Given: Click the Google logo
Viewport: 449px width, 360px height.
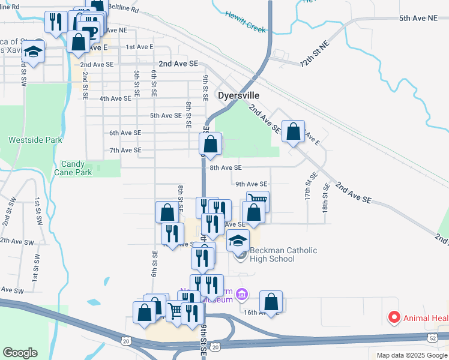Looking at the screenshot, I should [x=20, y=353].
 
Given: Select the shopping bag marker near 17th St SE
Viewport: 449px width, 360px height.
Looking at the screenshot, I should [x=293, y=132].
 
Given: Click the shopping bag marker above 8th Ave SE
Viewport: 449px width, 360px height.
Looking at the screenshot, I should [x=210, y=144].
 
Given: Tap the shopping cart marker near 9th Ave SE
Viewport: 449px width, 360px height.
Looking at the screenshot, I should [x=258, y=201].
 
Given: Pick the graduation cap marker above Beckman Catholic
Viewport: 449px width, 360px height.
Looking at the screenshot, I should [x=238, y=241].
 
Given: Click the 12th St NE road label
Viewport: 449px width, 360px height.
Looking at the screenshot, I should [x=315, y=54].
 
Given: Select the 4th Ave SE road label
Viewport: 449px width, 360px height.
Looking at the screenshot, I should [x=115, y=98].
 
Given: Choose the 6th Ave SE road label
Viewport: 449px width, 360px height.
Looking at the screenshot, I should [x=125, y=133].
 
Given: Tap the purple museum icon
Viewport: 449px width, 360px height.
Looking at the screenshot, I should [x=241, y=294].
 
